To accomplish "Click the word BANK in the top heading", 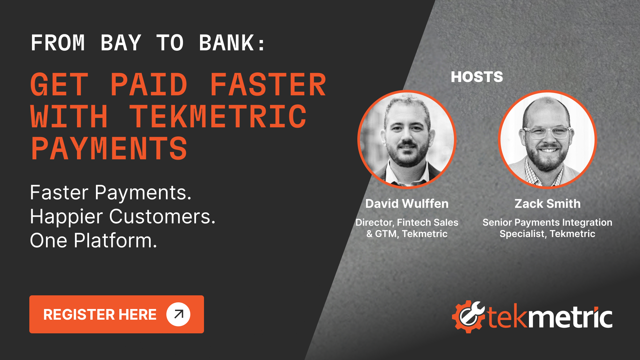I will point(227,43).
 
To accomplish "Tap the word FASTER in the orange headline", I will point(268,85).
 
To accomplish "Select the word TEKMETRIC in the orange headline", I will point(217,117).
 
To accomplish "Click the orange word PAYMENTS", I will point(109,149).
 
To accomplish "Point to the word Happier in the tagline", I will point(66,217).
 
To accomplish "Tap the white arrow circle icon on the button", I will point(178,314).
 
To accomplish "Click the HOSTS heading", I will point(477,77).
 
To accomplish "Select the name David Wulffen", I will point(407,204).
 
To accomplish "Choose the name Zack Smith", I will point(547,204).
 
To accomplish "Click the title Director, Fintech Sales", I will point(407,222).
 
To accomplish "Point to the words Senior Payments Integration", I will point(547,222).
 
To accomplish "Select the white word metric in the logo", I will point(572,317).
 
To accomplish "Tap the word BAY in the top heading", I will point(121,43).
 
